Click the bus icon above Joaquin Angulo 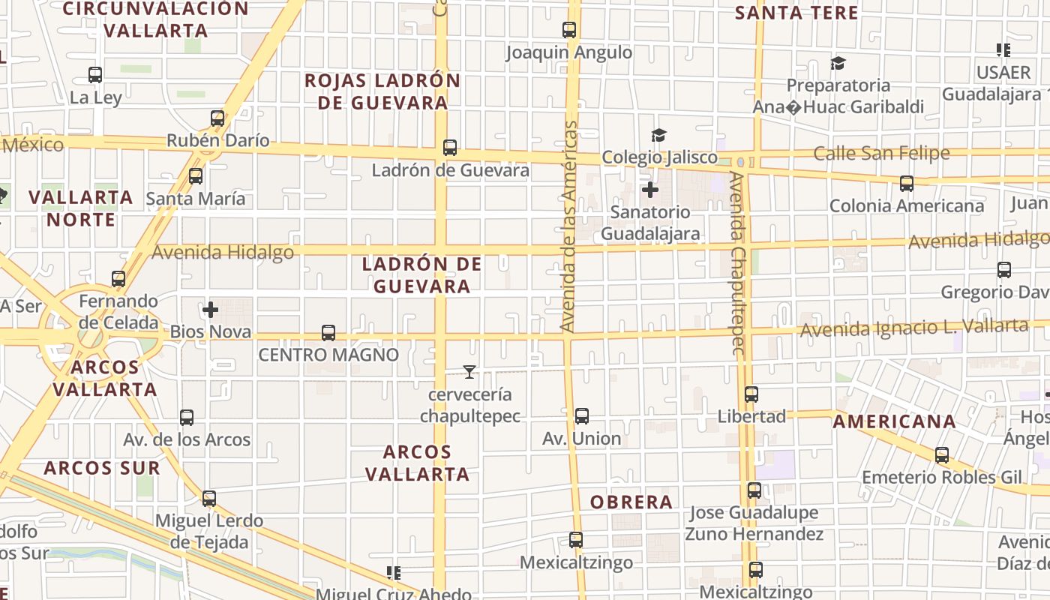pos(569,30)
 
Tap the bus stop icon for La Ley pos(95,75)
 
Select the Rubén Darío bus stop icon pos(217,118)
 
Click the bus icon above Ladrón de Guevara pos(450,148)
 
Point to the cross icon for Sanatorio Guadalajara pos(650,190)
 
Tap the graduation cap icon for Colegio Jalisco pos(658,135)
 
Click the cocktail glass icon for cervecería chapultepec pos(469,371)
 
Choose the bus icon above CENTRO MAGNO pos(328,332)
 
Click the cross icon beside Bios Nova pos(211,309)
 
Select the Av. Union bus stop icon pos(581,416)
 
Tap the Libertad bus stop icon pos(751,394)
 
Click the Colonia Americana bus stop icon pos(907,183)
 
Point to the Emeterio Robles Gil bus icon pos(942,454)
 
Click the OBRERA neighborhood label pos(631,502)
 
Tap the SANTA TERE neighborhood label pos(796,13)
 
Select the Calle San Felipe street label pos(881,154)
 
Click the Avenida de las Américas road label pos(569,225)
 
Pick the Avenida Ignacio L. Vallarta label pos(913,328)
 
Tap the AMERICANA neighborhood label pos(895,421)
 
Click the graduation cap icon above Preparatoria pos(838,63)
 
